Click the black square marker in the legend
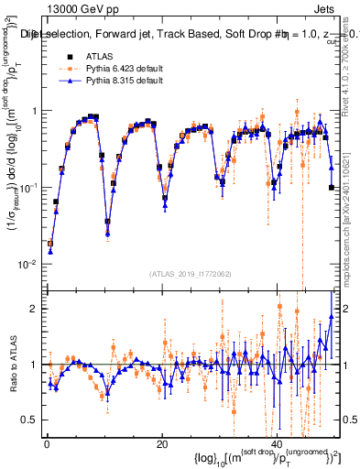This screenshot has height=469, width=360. pyautogui.click(x=70, y=57)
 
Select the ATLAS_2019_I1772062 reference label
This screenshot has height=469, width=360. pyautogui.click(x=189, y=273)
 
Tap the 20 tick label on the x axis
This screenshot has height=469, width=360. pyautogui.click(x=161, y=443)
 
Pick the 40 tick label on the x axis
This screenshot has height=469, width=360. pyautogui.click(x=277, y=443)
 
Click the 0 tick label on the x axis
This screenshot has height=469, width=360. pyautogui.click(x=46, y=443)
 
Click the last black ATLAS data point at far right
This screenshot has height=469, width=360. pyautogui.click(x=331, y=188)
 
